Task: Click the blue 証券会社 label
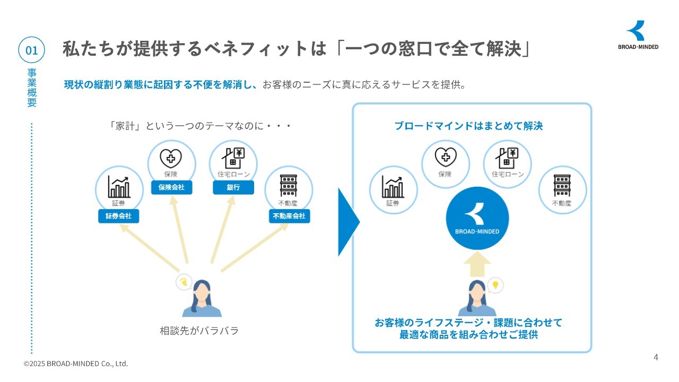pyautogui.click(x=118, y=216)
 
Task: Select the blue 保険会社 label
pyautogui.click(x=171, y=187)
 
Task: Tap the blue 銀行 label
pyautogui.click(x=233, y=187)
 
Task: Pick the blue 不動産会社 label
pyautogui.click(x=290, y=216)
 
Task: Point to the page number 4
pyautogui.click(x=656, y=358)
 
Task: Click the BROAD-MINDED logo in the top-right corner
pyautogui.click(x=638, y=35)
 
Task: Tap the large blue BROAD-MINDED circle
pyautogui.click(x=477, y=218)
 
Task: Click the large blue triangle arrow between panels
pyautogui.click(x=349, y=222)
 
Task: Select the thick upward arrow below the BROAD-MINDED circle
pyautogui.click(x=477, y=264)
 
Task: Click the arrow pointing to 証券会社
pyautogui.click(x=150, y=247)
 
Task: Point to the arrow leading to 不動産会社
pyautogui.click(x=255, y=247)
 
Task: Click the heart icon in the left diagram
pyautogui.click(x=171, y=158)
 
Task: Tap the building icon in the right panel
pyautogui.click(x=562, y=186)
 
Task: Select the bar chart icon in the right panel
pyautogui.click(x=393, y=187)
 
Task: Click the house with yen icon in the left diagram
pyautogui.click(x=233, y=158)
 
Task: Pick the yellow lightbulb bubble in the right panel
pyautogui.click(x=495, y=285)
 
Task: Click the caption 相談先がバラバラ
pyautogui.click(x=199, y=331)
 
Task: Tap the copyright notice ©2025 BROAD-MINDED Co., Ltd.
pyautogui.click(x=76, y=363)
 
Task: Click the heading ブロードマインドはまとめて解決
pyautogui.click(x=468, y=126)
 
